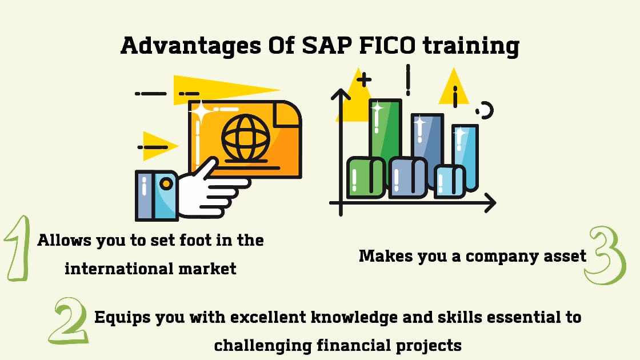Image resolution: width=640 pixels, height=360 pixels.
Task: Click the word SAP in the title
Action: tap(322, 45)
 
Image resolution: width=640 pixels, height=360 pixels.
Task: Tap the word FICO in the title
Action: tap(387, 45)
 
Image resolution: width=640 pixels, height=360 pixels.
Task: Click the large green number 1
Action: tap(18, 248)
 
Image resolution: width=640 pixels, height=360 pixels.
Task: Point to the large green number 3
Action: tap(605, 255)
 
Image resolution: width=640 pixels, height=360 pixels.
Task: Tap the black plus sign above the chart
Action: tap(363, 79)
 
